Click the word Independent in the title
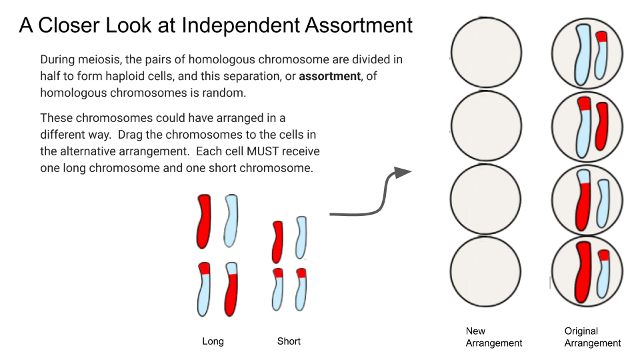(241, 25)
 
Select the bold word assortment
(329, 76)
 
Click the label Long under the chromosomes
(213, 341)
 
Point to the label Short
(289, 341)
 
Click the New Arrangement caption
(493, 337)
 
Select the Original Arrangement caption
(593, 337)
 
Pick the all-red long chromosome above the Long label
(204, 221)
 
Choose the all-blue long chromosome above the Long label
(231, 221)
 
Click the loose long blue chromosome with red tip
(204, 289)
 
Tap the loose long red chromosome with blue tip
(231, 289)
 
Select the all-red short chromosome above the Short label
(277, 242)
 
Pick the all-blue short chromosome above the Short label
(301, 237)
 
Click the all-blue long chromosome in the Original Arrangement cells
(583, 55)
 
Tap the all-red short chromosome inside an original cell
(601, 127)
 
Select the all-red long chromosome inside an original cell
(583, 272)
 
